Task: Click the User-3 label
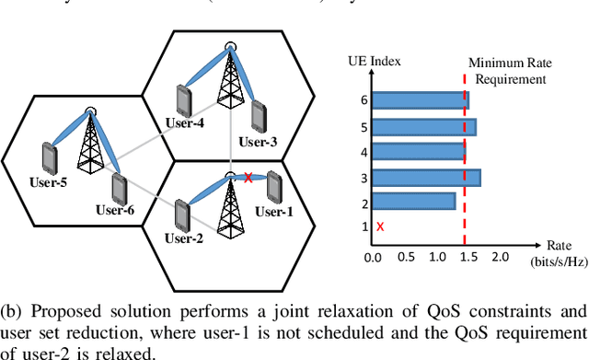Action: click(259, 142)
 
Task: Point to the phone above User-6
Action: click(119, 188)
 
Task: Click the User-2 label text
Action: click(184, 240)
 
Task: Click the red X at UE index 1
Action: click(379, 226)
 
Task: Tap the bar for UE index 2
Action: click(411, 201)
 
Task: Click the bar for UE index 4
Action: click(417, 151)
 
